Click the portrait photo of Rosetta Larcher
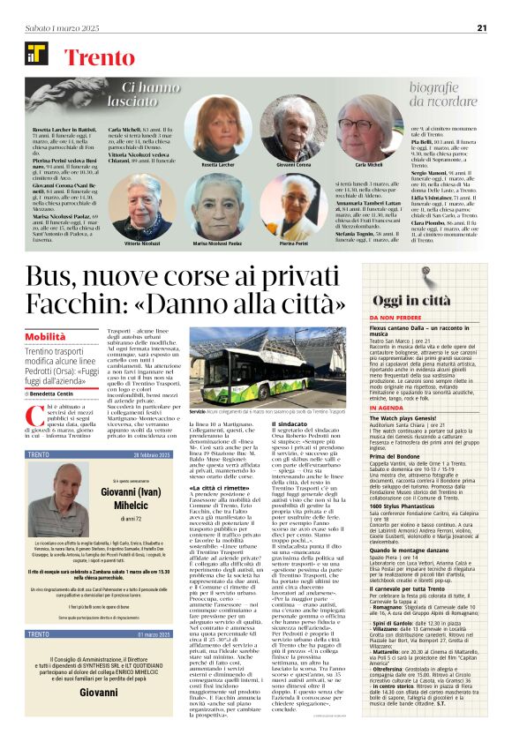click(x=219, y=130)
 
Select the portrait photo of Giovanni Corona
click(x=290, y=130)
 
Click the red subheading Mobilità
click(x=45, y=337)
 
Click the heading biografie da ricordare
click(x=449, y=93)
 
